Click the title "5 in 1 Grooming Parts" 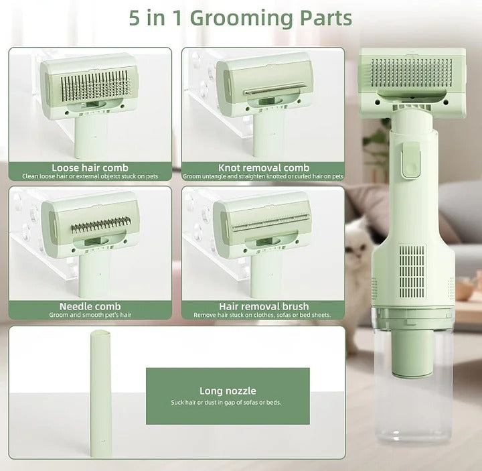(240, 18)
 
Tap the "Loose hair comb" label (90, 167)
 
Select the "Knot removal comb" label (263, 167)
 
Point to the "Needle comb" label (90, 306)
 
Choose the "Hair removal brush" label (263, 306)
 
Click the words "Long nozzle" (228, 391)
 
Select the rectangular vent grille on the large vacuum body (412, 271)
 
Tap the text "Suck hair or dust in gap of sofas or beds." (228, 403)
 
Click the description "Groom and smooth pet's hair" (90, 315)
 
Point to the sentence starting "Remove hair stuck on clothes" (263, 315)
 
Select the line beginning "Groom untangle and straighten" (263, 176)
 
